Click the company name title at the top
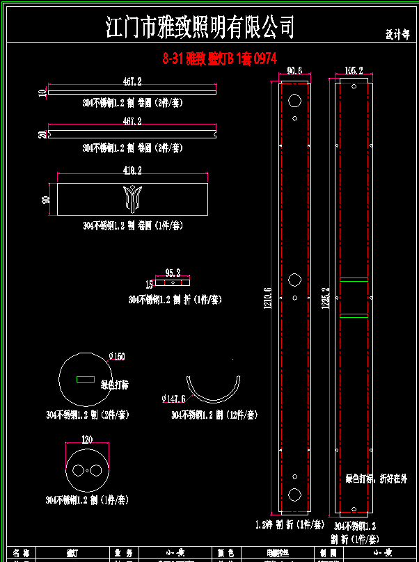click(200, 28)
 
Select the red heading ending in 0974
click(220, 60)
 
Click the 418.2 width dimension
click(132, 170)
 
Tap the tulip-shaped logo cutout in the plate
click(132, 198)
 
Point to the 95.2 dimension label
click(173, 273)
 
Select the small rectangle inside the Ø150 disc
click(86, 379)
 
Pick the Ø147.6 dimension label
click(173, 399)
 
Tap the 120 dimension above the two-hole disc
click(87, 440)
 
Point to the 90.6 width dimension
click(294, 70)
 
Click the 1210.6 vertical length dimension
click(267, 300)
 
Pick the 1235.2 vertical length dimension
click(325, 300)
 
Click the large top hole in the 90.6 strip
click(294, 101)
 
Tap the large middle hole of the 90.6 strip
click(294, 280)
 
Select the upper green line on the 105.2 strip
click(354, 280)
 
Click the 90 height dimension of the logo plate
click(47, 200)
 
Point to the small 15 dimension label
click(149, 284)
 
